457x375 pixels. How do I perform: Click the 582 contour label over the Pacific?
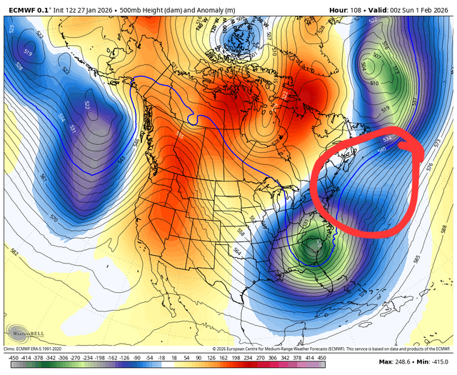coord(16,251)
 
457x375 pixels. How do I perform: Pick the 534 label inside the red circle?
coord(388,139)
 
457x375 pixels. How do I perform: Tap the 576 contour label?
coord(429,166)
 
